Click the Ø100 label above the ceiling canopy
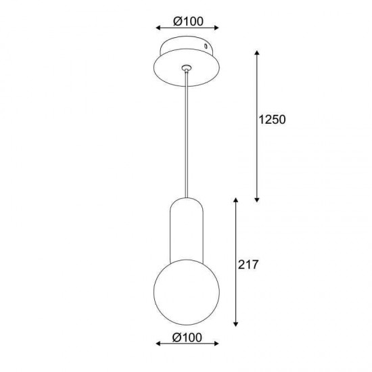click(188, 22)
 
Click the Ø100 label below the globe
click(187, 337)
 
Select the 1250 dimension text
click(272, 119)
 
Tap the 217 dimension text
click(248, 264)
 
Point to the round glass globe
click(187, 292)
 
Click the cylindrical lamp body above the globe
click(187, 230)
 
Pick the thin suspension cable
click(187, 134)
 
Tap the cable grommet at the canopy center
click(187, 68)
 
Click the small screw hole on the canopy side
click(206, 46)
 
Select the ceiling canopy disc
click(187, 61)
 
